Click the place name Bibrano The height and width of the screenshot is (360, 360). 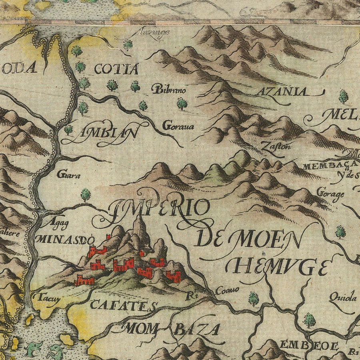pos(169,90)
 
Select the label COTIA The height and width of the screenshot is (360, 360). pos(116,69)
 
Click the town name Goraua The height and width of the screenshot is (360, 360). pos(178,127)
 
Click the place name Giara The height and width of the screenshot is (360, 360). pos(68,175)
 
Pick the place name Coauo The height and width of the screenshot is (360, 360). pos(227,290)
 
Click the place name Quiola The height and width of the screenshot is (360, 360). pos(342,297)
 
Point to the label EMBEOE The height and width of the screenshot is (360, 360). pos(309,345)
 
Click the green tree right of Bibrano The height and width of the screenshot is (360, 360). pos(182,104)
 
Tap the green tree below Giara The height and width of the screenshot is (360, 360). pos(86,195)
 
